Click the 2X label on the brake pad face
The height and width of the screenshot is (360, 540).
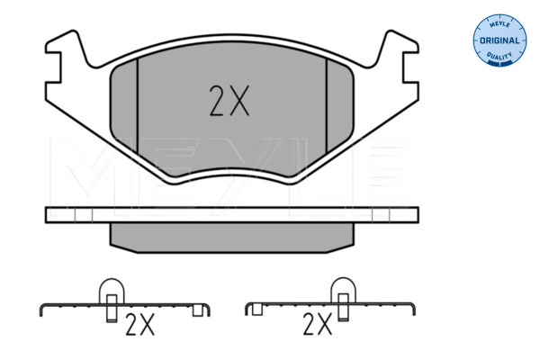229,101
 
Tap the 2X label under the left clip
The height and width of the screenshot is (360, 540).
139,325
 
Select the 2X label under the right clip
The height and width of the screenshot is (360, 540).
318,324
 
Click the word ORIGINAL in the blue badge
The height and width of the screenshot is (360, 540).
499,40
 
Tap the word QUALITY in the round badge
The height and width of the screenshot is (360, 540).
499,56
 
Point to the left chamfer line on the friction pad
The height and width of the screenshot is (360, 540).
138,106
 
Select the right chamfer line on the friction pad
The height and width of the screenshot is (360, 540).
327,106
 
